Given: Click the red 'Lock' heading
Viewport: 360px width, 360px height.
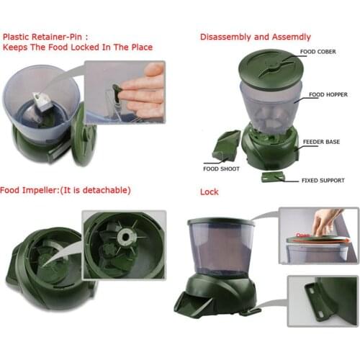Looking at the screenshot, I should click(209, 193).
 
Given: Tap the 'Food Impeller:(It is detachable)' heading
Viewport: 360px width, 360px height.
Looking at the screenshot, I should click(66, 190).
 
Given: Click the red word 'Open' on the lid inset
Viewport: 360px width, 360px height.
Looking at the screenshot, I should click(302, 235).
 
